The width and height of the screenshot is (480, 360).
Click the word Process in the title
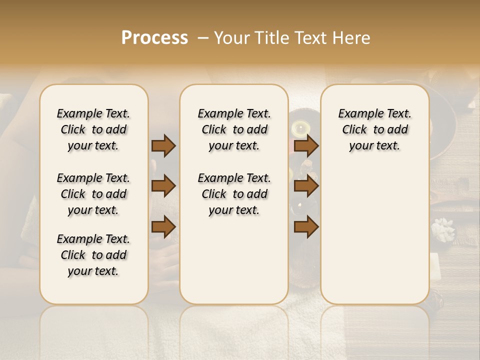coord(154,38)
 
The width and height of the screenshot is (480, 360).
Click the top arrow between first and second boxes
coord(163,145)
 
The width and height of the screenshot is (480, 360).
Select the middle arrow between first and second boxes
coord(163,186)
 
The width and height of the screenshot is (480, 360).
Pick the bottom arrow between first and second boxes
coord(163,226)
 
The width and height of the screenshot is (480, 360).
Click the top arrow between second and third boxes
coord(306,145)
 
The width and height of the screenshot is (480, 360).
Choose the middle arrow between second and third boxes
coord(306,186)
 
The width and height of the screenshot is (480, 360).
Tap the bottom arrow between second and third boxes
coord(306,226)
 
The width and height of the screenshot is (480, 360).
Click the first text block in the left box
coord(93,129)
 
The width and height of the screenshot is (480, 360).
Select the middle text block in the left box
coord(93,194)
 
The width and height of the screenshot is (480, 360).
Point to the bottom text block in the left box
coord(93,255)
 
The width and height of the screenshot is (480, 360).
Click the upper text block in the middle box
coord(234,129)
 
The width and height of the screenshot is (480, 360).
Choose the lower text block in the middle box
coord(234,194)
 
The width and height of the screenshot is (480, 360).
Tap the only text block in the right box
coord(374,129)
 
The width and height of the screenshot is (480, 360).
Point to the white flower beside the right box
coord(443,229)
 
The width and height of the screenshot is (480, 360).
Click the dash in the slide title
coord(203,38)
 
